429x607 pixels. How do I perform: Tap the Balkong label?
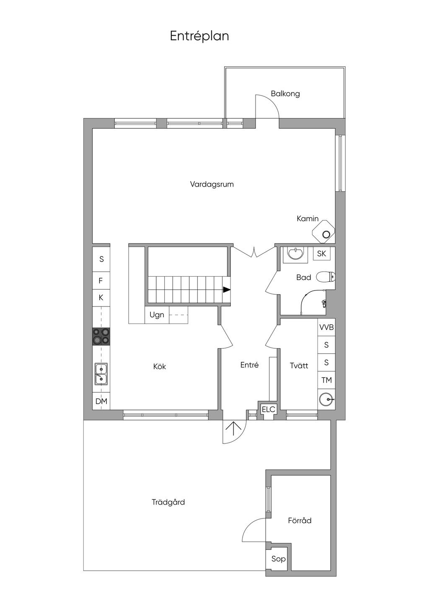point(285,94)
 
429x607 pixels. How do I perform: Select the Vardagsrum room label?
point(212,184)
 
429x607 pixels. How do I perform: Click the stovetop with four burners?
point(101,336)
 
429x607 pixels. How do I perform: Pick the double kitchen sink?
point(101,374)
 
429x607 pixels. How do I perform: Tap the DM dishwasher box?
point(101,401)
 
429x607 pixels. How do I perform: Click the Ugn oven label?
point(157,315)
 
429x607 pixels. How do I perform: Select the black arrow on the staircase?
point(226,290)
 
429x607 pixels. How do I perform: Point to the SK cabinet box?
point(321,254)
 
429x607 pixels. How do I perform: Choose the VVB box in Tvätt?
point(326,327)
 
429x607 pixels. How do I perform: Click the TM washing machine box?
point(326,380)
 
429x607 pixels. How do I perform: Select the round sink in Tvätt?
point(327,399)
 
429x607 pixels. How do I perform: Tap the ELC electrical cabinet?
point(269,410)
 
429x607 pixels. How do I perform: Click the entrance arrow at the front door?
point(233,428)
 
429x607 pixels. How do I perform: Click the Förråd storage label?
point(300,521)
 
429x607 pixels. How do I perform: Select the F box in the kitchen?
point(101,280)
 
